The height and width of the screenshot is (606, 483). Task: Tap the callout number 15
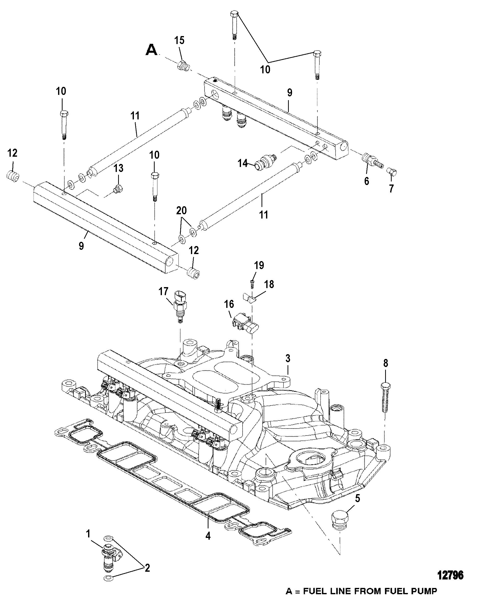(x=179, y=41)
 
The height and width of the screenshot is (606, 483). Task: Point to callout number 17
(x=163, y=291)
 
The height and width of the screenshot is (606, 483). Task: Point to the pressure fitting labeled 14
(x=266, y=162)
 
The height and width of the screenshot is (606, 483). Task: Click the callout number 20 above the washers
(x=181, y=210)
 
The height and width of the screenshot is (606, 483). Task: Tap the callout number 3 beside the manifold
(x=288, y=359)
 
